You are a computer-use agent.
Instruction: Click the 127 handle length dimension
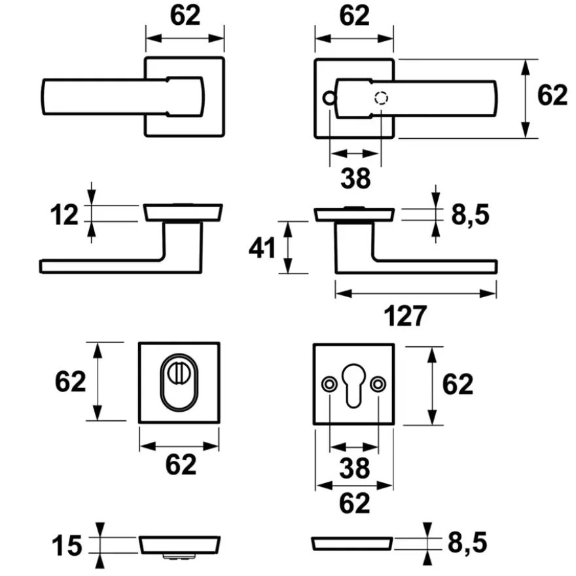coord(405,315)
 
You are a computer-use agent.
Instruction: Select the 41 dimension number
coord(262,247)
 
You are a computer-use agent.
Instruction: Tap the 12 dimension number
coord(64,215)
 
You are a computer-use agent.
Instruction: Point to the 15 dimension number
coord(67,545)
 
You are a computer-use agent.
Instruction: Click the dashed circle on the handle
coord(382,98)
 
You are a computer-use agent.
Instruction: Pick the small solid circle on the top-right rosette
coord(329,98)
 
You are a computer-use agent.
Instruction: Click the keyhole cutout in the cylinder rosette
coord(353,386)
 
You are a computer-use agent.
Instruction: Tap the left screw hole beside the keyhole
coord(329,384)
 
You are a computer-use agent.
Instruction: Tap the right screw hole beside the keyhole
coord(378,384)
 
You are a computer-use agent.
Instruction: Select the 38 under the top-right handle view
coord(355,179)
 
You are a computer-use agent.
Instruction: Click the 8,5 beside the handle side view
coord(470,215)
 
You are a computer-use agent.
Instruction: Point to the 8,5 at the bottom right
coord(467,543)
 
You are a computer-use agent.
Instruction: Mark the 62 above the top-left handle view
coord(185,15)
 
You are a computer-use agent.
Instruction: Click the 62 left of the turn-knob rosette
coord(70,382)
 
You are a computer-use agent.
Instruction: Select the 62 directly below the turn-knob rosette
coord(181,464)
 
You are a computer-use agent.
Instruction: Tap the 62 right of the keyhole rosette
coord(458,384)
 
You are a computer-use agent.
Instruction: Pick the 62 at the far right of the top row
coord(552,95)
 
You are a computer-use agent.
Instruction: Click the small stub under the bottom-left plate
coord(179,557)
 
